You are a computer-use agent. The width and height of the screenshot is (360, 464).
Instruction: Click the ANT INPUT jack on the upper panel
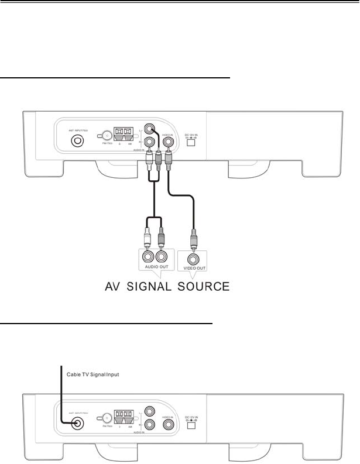pyautogui.click(x=77, y=141)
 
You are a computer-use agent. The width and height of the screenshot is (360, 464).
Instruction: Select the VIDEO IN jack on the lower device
pyautogui.click(x=170, y=426)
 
